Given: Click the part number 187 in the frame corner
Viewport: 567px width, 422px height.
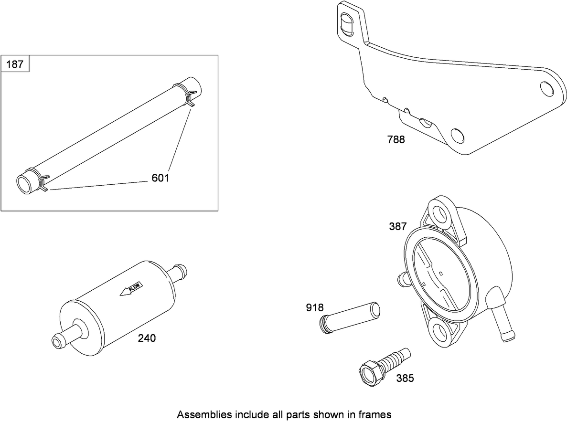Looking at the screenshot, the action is coord(15,64).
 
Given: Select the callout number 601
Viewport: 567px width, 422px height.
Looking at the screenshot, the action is coord(160,178).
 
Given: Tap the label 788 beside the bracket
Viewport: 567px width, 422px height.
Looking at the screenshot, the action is coord(396,139).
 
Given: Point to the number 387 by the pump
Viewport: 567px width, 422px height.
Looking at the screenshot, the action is coord(398,226).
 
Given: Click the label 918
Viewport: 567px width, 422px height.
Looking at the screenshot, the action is coord(315,307).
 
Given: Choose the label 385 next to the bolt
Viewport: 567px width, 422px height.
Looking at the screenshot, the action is coord(405,378).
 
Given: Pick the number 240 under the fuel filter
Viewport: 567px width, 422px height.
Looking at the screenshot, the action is coord(147,338).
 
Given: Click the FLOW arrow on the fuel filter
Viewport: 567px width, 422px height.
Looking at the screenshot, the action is coord(131,288).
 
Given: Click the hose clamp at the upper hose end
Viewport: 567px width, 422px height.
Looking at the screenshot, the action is coord(185,95).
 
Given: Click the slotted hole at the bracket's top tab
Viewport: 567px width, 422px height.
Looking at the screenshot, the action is coord(347,24).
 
